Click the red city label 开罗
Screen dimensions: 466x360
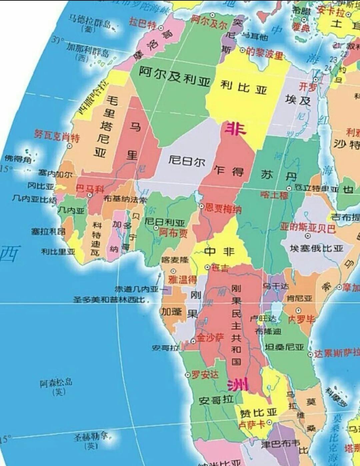(x=307, y=87)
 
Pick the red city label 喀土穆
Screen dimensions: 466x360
(x=274, y=195)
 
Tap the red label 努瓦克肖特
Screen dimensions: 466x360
(x=57, y=136)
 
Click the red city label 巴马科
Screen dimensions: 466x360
(x=90, y=189)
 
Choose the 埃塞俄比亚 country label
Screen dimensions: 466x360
(x=316, y=248)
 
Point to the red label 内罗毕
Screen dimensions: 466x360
(x=301, y=319)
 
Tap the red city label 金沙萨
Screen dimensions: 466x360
(x=210, y=338)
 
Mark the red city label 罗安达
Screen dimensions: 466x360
(x=205, y=374)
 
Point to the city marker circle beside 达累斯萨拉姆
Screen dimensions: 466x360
(x=310, y=354)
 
